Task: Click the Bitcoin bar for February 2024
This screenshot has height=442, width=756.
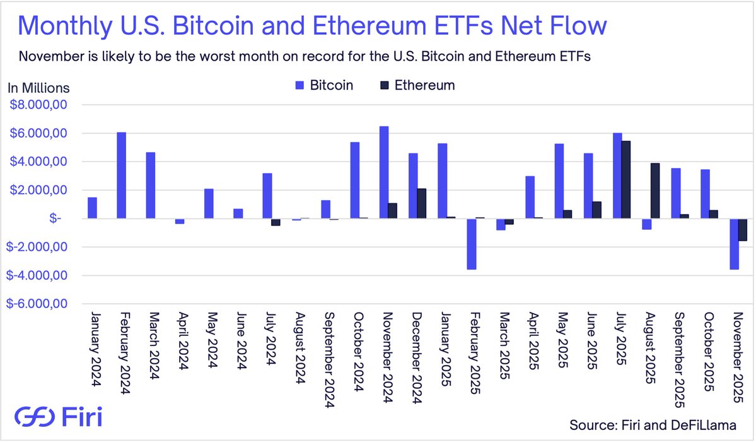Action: pyautogui.click(x=121, y=176)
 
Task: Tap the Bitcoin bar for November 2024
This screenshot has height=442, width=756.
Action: pyautogui.click(x=384, y=172)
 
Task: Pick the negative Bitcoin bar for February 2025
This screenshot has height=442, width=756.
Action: pyautogui.click(x=472, y=244)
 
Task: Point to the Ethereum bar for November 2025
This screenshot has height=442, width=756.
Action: pyautogui.click(x=742, y=230)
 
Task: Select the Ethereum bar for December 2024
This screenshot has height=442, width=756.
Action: pyautogui.click(x=422, y=203)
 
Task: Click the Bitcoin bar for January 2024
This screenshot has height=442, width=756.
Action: pyautogui.click(x=92, y=208)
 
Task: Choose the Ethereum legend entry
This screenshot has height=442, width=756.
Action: pyautogui.click(x=417, y=85)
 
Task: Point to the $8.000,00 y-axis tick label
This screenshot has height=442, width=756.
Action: pyautogui.click(x=38, y=105)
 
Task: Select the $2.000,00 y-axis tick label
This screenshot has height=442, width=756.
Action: pyautogui.click(x=38, y=190)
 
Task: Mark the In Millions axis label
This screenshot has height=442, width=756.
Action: pyautogui.click(x=38, y=88)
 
